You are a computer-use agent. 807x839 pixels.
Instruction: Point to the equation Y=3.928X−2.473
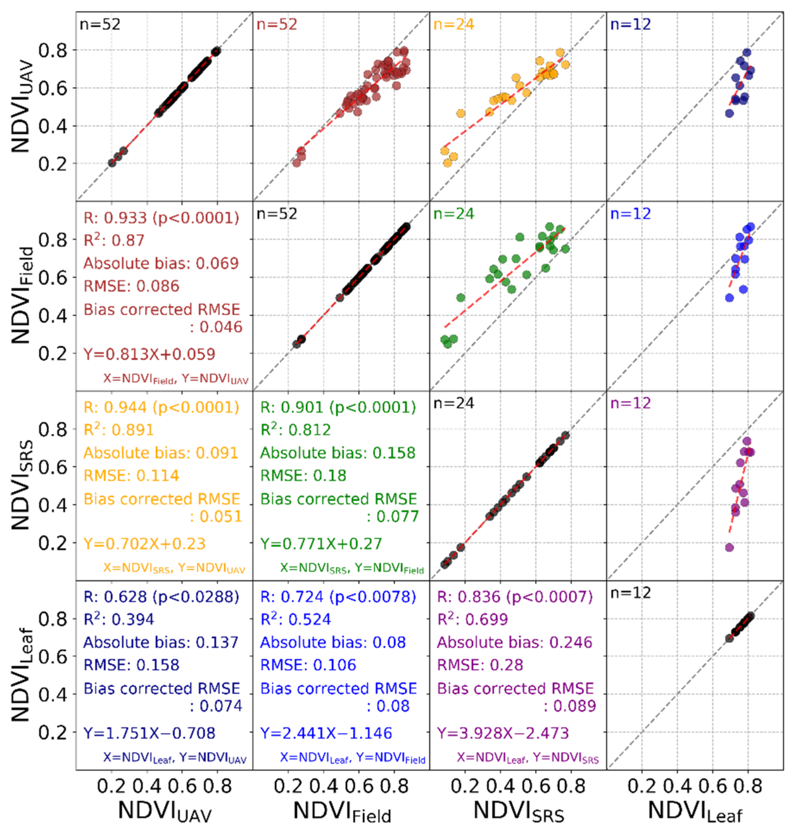[x=503, y=733]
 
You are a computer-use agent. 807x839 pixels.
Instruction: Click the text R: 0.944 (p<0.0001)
[x=161, y=407]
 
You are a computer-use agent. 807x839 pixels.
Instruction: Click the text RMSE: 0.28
[x=480, y=665]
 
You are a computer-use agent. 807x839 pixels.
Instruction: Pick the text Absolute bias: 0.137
[x=161, y=643]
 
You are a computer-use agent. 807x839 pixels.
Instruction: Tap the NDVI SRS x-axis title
[x=518, y=810]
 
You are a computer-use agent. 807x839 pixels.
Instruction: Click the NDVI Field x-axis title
[x=342, y=810]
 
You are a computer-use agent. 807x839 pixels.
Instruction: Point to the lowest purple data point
[x=729, y=548]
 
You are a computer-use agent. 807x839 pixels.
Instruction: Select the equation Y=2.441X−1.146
[x=326, y=733]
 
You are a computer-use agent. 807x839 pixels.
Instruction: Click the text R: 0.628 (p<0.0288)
[x=161, y=597]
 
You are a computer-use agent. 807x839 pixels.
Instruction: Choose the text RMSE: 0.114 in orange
[x=131, y=476]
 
